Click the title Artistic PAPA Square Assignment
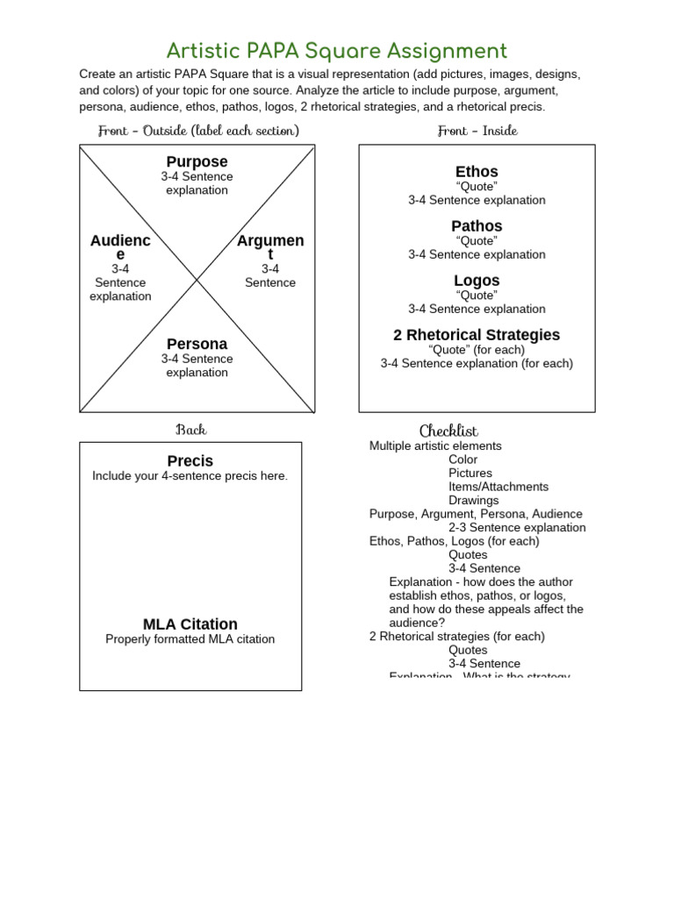click(337, 51)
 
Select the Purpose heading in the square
click(197, 162)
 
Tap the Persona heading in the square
click(197, 344)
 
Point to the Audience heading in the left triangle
click(120, 247)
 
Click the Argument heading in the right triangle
click(270, 247)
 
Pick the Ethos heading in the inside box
click(477, 172)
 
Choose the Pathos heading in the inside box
click(477, 226)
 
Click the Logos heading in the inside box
click(477, 281)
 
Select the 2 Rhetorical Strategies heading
click(477, 335)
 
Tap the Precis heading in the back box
click(190, 461)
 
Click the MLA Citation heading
click(190, 624)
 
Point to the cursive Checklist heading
click(448, 431)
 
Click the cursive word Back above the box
click(190, 430)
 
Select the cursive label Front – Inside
click(477, 131)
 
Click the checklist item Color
click(463, 460)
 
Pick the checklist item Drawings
click(474, 501)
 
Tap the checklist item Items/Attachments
click(498, 487)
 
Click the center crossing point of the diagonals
click(197, 279)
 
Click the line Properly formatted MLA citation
click(190, 639)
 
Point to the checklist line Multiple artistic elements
click(435, 445)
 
